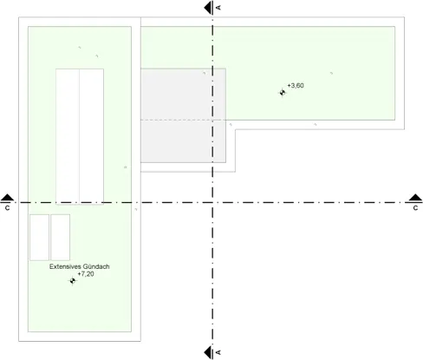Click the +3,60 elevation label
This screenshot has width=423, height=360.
click(296, 86)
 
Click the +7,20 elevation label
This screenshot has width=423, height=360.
click(86, 274)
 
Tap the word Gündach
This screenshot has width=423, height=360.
click(96, 266)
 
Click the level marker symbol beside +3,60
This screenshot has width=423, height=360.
click(283, 93)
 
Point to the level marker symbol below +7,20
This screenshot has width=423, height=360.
click(72, 280)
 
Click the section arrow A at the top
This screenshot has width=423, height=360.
click(208, 8)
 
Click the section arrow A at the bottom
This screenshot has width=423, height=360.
click(208, 352)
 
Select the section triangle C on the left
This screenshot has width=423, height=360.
click(7, 198)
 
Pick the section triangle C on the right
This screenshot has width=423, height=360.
click(415, 198)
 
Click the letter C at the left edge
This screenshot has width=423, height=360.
click(7, 208)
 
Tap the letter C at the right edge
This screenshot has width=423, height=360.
click(415, 208)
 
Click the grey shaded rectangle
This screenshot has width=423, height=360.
click(183, 115)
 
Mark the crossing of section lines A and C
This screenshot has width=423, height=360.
click(212, 202)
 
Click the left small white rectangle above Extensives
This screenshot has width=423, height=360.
click(39, 238)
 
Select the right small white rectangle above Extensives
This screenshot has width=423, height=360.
click(61, 238)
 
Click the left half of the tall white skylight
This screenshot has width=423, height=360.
click(68, 136)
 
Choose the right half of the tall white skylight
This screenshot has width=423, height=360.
click(92, 136)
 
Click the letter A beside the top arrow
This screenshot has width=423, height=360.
click(218, 8)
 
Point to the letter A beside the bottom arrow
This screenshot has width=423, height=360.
click(218, 352)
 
